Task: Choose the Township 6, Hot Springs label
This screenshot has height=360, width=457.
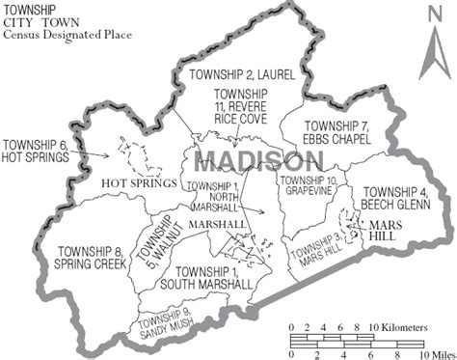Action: [37, 151]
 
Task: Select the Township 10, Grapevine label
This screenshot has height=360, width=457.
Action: [309, 185]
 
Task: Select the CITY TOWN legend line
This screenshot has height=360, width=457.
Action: [42, 23]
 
